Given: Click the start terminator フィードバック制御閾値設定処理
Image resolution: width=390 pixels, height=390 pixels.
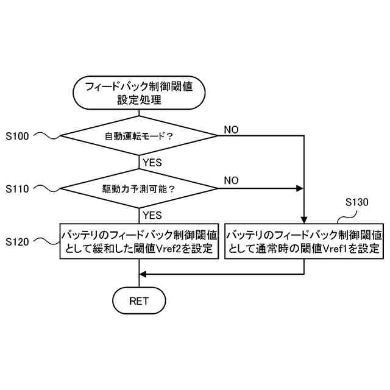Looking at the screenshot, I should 139,93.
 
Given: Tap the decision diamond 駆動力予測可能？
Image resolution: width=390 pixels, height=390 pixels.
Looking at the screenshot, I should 139,189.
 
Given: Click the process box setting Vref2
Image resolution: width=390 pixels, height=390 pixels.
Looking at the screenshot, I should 139,241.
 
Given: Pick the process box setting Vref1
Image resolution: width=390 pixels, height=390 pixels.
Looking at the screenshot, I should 304,241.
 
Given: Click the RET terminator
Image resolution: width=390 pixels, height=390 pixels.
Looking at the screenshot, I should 139,300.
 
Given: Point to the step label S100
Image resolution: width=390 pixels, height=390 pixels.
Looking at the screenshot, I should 16,136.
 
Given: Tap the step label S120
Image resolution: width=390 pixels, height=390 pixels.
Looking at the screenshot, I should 16,241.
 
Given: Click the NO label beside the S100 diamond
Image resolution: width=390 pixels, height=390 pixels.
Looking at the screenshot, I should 231,130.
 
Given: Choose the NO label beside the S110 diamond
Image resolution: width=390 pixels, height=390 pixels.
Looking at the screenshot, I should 231,180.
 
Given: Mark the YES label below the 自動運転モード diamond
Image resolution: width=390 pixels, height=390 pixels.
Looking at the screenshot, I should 151,163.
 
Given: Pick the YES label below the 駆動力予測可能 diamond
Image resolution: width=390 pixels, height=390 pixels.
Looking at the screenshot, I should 151,215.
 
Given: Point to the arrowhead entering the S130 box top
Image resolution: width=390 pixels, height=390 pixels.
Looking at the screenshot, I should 303,221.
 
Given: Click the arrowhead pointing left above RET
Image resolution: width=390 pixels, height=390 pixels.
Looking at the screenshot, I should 143,274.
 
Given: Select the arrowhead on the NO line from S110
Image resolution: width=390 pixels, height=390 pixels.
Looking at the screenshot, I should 299,189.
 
